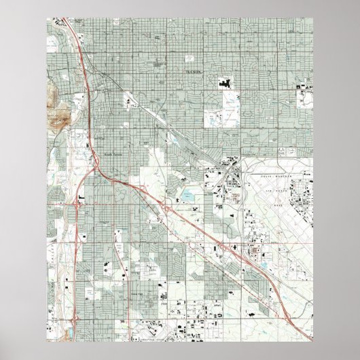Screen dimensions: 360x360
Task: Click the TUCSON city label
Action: [192, 71]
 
